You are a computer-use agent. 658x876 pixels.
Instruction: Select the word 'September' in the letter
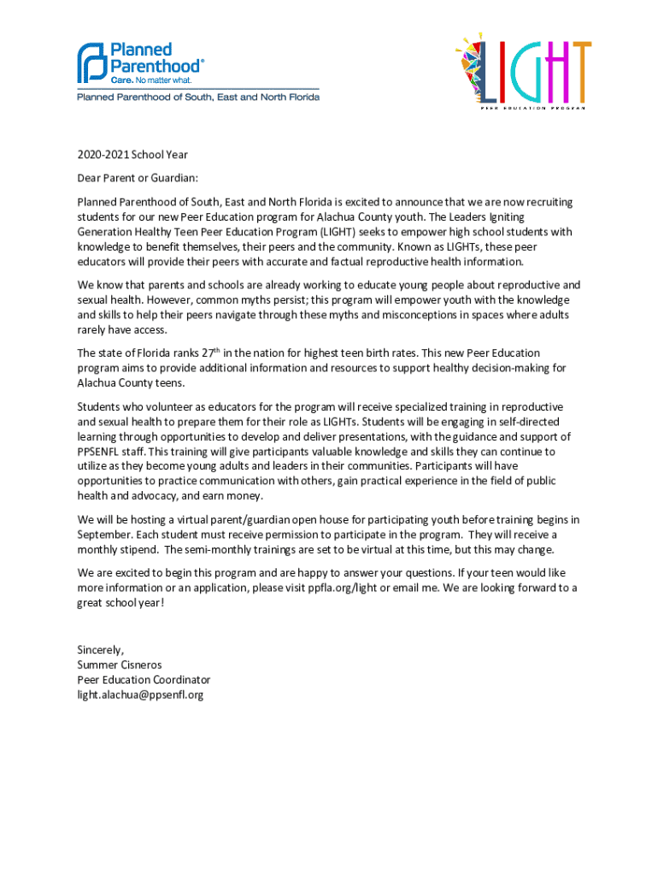107,534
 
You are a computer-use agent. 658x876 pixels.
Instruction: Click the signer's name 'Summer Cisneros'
120,665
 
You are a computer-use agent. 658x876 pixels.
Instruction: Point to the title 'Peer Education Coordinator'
144,680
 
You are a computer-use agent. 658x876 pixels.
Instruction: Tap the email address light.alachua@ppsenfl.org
140,695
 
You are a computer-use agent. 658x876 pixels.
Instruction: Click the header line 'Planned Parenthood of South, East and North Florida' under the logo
198,98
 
